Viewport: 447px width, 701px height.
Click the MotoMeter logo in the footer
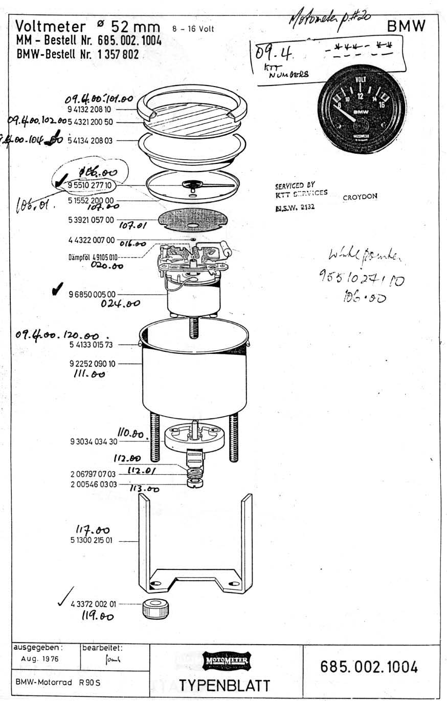226,661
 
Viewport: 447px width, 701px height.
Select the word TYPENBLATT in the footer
225,685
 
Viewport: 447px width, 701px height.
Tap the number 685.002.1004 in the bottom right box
369,667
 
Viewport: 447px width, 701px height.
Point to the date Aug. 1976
39,659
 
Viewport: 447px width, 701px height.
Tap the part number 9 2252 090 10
93,364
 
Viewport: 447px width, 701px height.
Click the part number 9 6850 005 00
93,294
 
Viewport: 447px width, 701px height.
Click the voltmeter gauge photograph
362,109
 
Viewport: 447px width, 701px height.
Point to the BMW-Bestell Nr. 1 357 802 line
77,55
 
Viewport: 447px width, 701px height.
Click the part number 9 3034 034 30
94,441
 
